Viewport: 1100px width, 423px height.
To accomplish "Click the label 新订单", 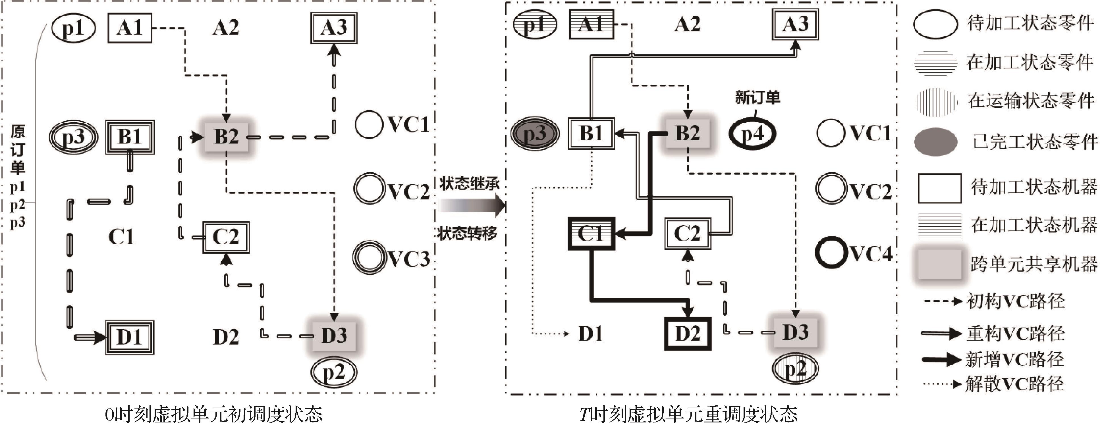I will click(757, 98).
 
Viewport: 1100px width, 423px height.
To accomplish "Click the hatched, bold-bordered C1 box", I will click(591, 234).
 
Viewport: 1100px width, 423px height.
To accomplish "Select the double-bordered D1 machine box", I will click(130, 337).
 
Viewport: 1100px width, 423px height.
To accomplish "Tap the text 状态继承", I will click(469, 184).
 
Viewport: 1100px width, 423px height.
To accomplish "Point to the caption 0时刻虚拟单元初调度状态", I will click(213, 414).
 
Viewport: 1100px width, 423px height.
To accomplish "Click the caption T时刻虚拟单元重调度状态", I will click(688, 414).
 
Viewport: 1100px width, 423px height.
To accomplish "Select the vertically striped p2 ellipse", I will click(795, 368).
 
